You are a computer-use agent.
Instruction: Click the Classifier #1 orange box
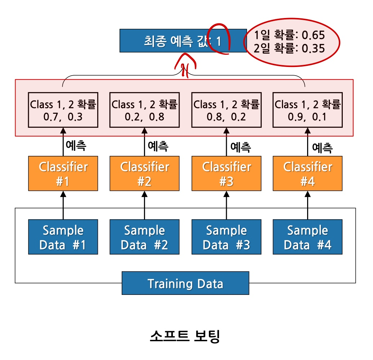(x=63, y=174)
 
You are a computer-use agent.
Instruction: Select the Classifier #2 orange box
(x=144, y=174)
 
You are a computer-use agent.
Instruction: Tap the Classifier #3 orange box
(x=226, y=174)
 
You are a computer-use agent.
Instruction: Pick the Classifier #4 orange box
(x=307, y=174)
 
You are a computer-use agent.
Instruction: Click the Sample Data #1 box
(x=63, y=237)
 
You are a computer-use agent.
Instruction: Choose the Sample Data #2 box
(x=144, y=237)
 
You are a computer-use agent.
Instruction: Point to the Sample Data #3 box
(x=226, y=237)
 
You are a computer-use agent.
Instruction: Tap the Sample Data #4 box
(x=307, y=237)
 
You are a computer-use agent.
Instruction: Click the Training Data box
(x=185, y=283)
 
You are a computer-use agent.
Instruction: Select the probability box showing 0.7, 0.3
(x=63, y=110)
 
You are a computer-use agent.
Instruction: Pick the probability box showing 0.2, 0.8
(x=144, y=110)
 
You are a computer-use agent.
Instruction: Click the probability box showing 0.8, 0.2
(x=226, y=110)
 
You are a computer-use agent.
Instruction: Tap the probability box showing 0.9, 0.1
(x=307, y=110)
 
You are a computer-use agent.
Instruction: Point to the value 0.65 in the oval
(x=313, y=35)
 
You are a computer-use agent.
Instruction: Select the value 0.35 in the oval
(x=313, y=48)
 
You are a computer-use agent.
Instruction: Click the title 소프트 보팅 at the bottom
(x=184, y=336)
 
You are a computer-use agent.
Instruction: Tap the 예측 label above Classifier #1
(x=76, y=145)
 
